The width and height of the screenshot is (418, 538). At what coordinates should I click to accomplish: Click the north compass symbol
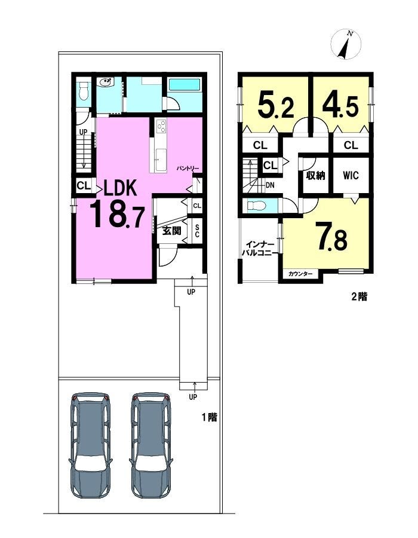(346, 44)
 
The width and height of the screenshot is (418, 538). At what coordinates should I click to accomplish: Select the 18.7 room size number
(117, 215)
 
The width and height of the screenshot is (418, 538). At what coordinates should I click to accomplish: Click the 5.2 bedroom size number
(276, 106)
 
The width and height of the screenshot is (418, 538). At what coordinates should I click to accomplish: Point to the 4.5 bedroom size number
(340, 106)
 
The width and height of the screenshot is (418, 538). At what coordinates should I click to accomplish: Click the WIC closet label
(351, 175)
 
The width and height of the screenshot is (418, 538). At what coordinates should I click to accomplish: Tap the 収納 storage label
(315, 176)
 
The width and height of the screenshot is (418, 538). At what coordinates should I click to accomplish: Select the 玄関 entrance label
(171, 231)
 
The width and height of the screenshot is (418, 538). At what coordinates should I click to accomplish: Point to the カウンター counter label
(300, 274)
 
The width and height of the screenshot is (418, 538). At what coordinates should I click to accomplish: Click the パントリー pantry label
(188, 169)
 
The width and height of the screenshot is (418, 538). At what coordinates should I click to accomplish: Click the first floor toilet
(83, 91)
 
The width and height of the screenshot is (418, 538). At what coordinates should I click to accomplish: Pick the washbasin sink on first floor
(106, 82)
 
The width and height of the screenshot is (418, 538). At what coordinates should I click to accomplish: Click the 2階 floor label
(359, 296)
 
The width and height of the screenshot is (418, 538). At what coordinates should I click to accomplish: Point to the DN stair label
(270, 185)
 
